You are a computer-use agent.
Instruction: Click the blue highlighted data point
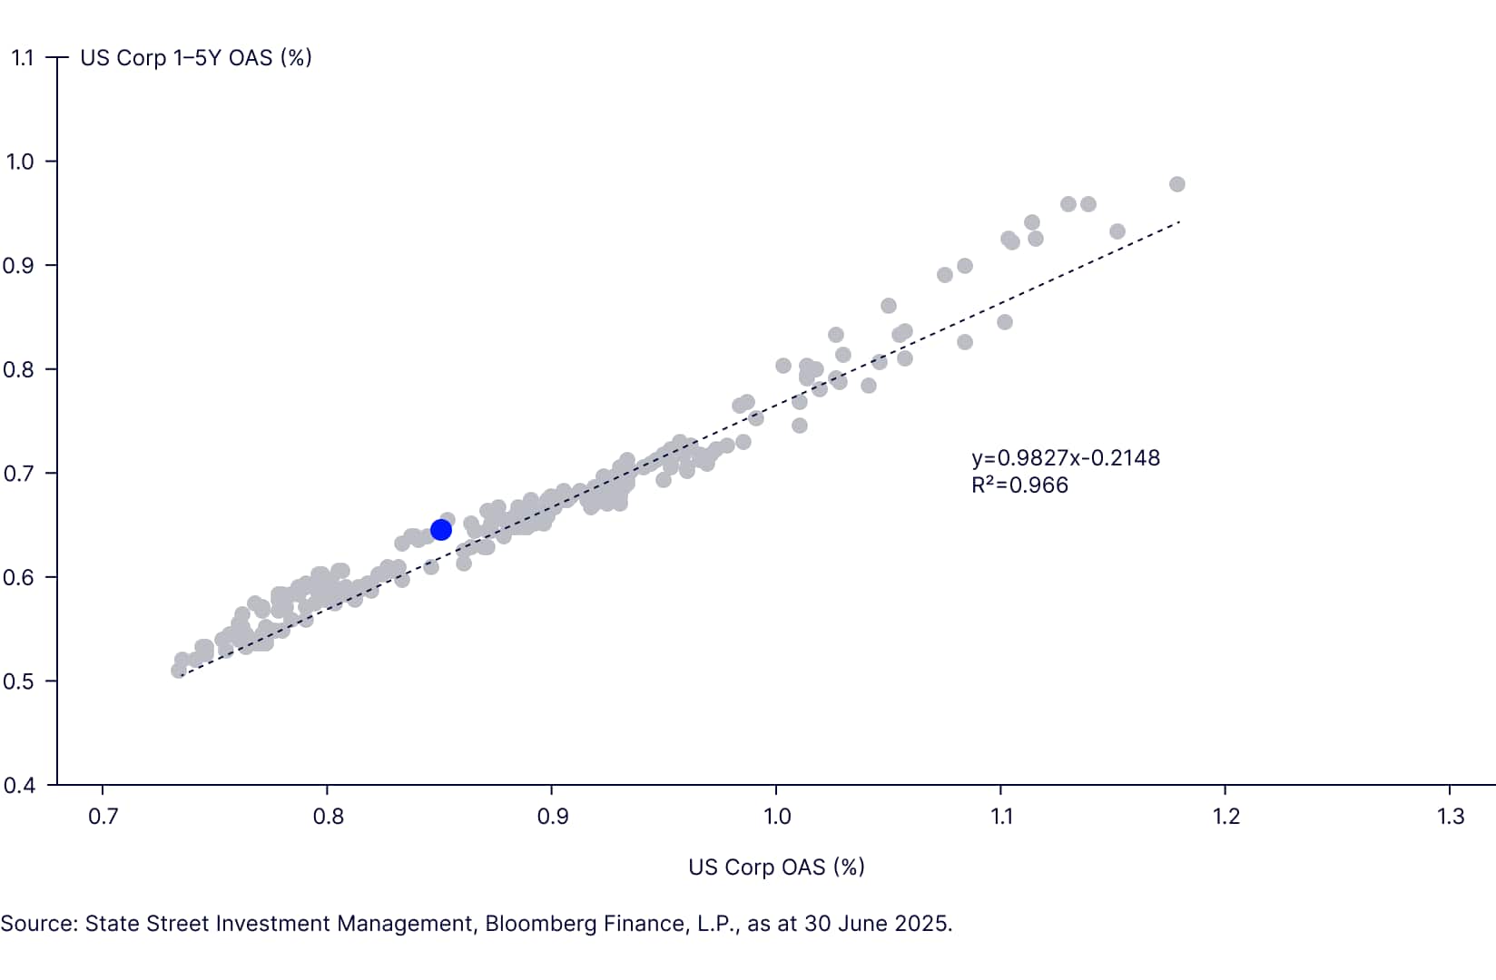441,529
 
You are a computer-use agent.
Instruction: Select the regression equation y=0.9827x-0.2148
1065,457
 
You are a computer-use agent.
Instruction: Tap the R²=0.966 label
1019,485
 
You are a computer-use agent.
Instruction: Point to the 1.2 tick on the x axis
1225,816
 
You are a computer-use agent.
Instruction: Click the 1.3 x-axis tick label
1451,816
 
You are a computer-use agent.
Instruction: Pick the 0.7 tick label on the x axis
103,816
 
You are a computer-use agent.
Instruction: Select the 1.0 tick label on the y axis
19,162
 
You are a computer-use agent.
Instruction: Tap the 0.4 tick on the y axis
19,785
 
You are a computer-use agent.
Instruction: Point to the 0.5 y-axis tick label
19,681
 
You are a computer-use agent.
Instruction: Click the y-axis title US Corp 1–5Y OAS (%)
196,58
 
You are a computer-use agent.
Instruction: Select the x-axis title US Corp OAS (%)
776,867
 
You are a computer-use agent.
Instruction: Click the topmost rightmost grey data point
1177,184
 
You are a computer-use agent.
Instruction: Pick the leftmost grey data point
179,671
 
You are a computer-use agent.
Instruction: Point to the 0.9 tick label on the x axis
553,816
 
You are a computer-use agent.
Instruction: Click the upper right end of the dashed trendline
1180,220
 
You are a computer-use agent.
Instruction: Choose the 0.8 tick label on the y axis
19,369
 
